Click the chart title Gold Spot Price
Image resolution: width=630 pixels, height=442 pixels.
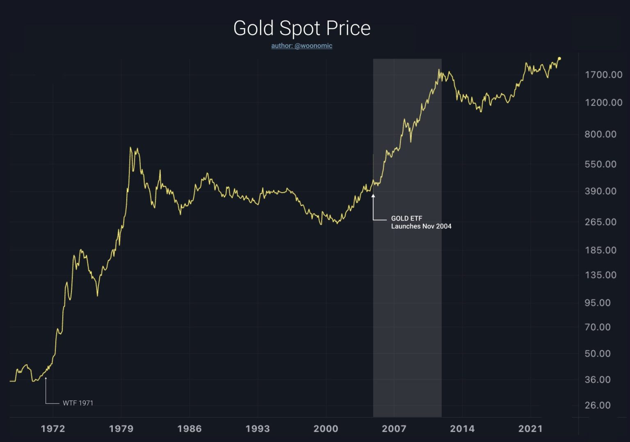click(x=302, y=28)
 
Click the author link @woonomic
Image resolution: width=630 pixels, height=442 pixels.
click(x=301, y=45)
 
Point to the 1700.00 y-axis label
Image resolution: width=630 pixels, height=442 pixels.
click(x=603, y=75)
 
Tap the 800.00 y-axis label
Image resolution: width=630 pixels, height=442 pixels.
click(x=600, y=134)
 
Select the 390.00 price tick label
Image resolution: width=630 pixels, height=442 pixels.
click(x=600, y=191)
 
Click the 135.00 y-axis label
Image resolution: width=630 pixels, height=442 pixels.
click(x=600, y=275)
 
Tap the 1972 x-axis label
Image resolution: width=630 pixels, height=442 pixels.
click(x=53, y=429)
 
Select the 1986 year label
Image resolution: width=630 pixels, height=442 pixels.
click(x=189, y=429)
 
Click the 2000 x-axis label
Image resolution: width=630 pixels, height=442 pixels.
click(x=326, y=429)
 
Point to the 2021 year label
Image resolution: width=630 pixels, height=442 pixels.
click(x=530, y=429)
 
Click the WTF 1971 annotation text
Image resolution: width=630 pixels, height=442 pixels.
click(x=78, y=403)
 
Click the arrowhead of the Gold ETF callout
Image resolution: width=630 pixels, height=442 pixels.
click(x=373, y=196)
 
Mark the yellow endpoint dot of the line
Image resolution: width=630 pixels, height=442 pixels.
click(x=559, y=59)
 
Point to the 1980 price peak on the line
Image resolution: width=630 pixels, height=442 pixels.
click(x=130, y=147)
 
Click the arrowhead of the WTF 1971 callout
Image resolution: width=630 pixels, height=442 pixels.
click(x=46, y=379)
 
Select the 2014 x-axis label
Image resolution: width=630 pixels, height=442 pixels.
click(x=462, y=429)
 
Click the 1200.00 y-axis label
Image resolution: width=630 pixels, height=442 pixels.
click(x=603, y=102)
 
